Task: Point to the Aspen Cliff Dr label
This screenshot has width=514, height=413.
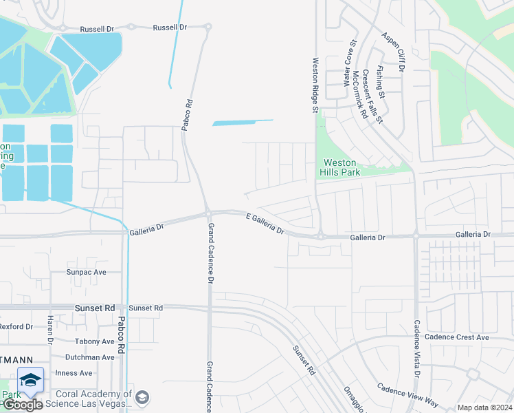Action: (394, 52)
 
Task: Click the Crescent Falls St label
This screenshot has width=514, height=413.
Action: (372, 97)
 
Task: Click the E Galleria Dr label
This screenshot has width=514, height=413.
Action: (265, 223)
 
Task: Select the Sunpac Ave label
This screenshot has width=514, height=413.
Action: (87, 272)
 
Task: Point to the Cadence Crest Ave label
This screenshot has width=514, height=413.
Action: (456, 337)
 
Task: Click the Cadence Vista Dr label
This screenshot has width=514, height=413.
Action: (416, 348)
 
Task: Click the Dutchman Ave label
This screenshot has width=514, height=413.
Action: (89, 357)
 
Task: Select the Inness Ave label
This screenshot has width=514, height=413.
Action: (78, 373)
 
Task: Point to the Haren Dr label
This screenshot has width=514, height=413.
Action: (50, 330)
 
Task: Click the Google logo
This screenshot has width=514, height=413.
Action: (22, 405)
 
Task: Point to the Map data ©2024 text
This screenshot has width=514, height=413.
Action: (484, 407)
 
